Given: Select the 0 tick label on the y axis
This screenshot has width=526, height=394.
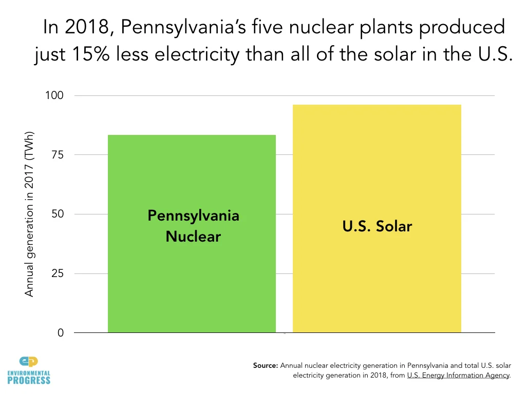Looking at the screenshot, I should [x=61, y=333].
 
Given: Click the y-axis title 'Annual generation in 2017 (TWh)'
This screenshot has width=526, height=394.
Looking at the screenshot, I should [x=29, y=213].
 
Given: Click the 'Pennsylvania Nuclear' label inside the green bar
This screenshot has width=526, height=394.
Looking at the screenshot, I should [x=193, y=226].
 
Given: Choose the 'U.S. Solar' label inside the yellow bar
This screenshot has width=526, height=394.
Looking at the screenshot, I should [x=377, y=226].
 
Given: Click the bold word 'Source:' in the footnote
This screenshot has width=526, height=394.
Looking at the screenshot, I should [x=266, y=366].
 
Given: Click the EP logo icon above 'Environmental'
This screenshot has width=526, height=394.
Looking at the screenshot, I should [x=29, y=362].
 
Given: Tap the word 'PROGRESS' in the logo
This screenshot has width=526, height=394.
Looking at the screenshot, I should [x=29, y=380].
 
